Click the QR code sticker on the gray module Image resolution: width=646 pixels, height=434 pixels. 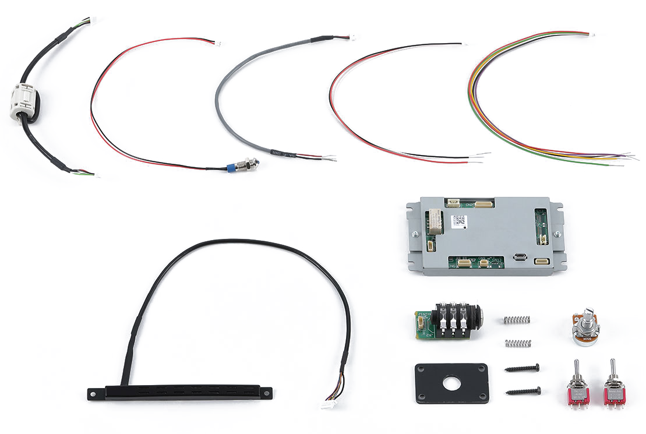click(460, 221)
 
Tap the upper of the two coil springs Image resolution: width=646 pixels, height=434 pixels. click(517, 319)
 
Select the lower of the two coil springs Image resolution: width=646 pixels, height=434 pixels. click(518, 343)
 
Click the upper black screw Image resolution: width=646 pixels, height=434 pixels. click(522, 368)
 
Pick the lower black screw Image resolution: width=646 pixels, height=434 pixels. click(523, 391)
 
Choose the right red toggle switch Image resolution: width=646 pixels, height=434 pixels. click(613, 387)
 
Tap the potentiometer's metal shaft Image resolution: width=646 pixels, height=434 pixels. click(587, 313)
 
